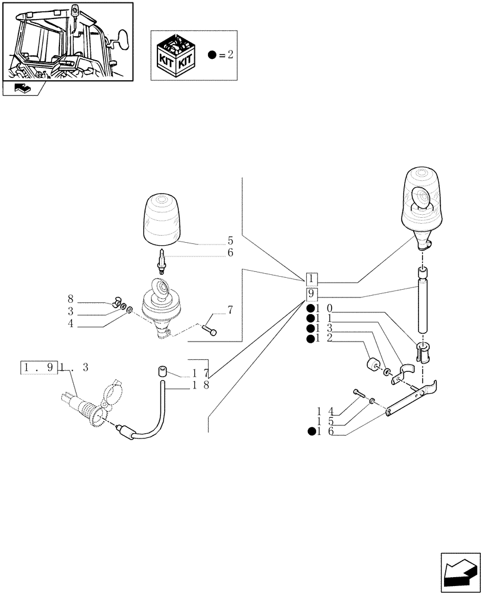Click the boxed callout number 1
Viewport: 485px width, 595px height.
(x=313, y=279)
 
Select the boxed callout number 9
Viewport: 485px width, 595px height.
(x=313, y=295)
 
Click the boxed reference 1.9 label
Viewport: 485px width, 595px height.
(x=39, y=368)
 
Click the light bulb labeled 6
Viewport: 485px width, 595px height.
(x=160, y=260)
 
